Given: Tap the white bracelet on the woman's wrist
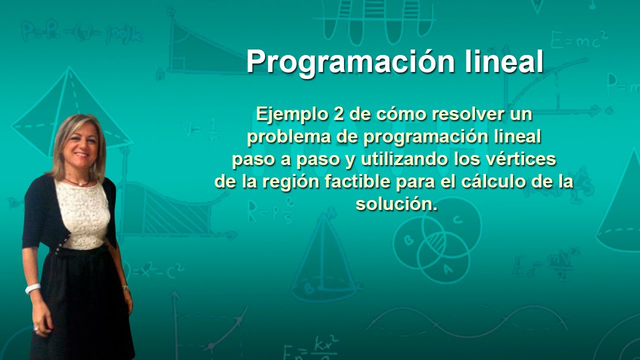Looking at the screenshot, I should point(32,288).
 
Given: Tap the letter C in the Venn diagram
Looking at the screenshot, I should point(457,219).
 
